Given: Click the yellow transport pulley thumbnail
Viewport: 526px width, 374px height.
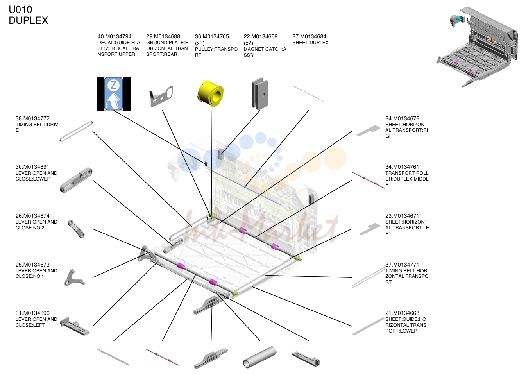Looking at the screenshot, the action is (x=210, y=93).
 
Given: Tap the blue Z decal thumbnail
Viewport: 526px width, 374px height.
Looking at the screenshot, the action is (x=114, y=94).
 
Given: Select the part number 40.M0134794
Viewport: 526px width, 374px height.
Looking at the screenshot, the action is (x=115, y=36).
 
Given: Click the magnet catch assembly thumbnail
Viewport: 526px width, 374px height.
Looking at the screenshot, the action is (x=260, y=94).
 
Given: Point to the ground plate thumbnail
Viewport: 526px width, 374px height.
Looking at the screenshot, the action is (x=161, y=96).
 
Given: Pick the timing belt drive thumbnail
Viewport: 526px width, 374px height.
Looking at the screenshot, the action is (x=76, y=131).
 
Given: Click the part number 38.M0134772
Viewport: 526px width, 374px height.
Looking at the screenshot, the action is (x=33, y=118).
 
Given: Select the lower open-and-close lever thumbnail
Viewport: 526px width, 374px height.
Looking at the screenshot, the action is (x=76, y=180).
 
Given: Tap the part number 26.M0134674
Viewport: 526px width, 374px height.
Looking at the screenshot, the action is (x=33, y=216).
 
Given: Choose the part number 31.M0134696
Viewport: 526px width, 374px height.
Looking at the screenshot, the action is (x=33, y=313).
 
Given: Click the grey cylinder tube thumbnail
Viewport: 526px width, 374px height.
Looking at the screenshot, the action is (x=260, y=357).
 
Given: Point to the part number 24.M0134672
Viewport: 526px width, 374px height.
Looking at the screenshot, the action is (x=402, y=118).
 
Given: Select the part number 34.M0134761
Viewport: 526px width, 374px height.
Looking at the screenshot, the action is (x=402, y=167).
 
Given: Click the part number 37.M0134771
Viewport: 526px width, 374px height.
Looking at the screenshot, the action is (x=402, y=265).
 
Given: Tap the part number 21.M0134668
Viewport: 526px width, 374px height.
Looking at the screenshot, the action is (x=402, y=313).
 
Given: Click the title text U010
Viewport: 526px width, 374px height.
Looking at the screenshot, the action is (x=20, y=10).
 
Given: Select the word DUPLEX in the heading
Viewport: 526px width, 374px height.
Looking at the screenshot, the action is (x=29, y=20).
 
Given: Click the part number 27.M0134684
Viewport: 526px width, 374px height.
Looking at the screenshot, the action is (x=309, y=36).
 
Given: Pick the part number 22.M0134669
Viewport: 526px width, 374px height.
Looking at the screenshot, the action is (x=261, y=36).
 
